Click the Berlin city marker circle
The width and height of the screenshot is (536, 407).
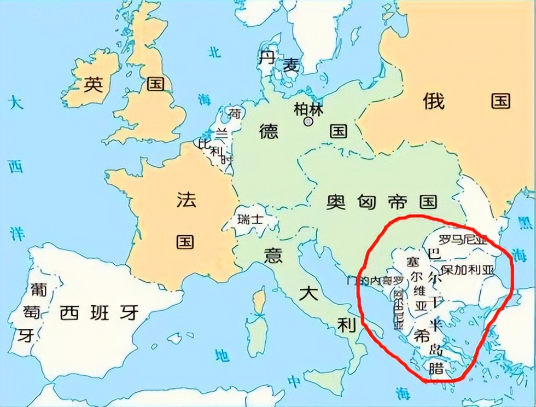[308, 120]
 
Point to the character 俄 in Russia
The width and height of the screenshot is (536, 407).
[434, 101]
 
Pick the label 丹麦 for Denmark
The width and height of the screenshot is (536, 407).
[279, 61]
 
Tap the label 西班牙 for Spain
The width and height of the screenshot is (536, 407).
[99, 313]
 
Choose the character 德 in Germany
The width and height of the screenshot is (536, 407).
[269, 132]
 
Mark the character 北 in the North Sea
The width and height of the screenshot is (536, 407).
[214, 52]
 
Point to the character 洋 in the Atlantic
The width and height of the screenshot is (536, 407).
[16, 233]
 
